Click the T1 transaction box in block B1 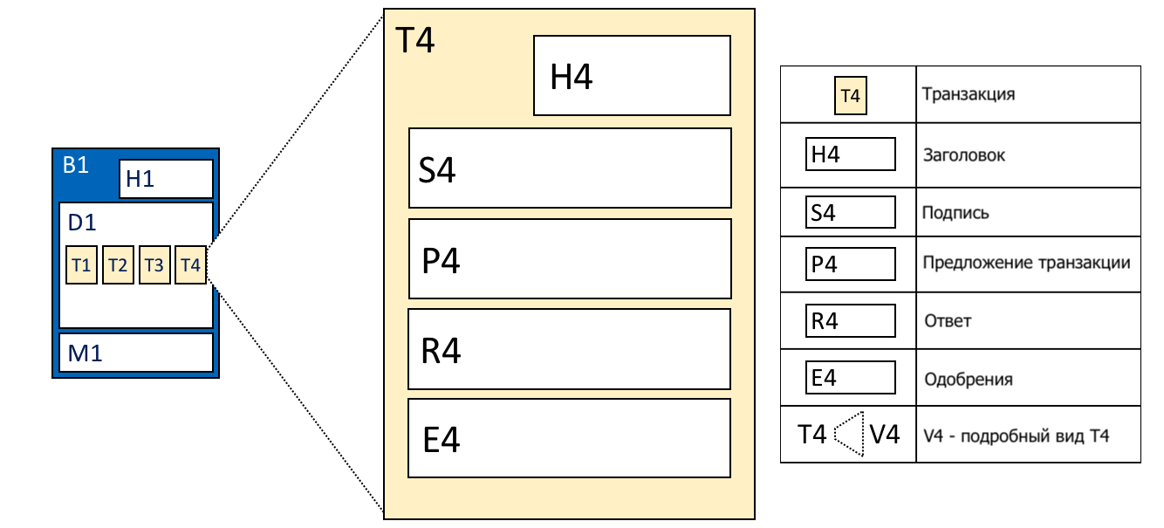tap(81, 265)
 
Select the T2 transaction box tap(118, 265)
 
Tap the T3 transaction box tap(154, 265)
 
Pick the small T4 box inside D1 tap(191, 265)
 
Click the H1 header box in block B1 tap(167, 179)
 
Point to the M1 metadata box tap(136, 353)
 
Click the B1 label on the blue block tap(75, 165)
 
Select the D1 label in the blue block tap(82, 223)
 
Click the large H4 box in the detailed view tap(632, 76)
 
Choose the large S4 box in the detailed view tap(570, 168)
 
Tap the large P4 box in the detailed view tap(570, 259)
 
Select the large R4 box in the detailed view tap(570, 349)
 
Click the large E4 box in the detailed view tap(570, 438)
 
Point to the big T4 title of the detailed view tap(414, 40)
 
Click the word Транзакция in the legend tap(968, 94)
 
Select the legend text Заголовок tap(964, 154)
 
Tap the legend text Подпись tap(955, 213)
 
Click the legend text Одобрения tap(968, 379)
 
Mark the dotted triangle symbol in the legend tap(849, 435)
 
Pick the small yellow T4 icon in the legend tap(851, 96)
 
